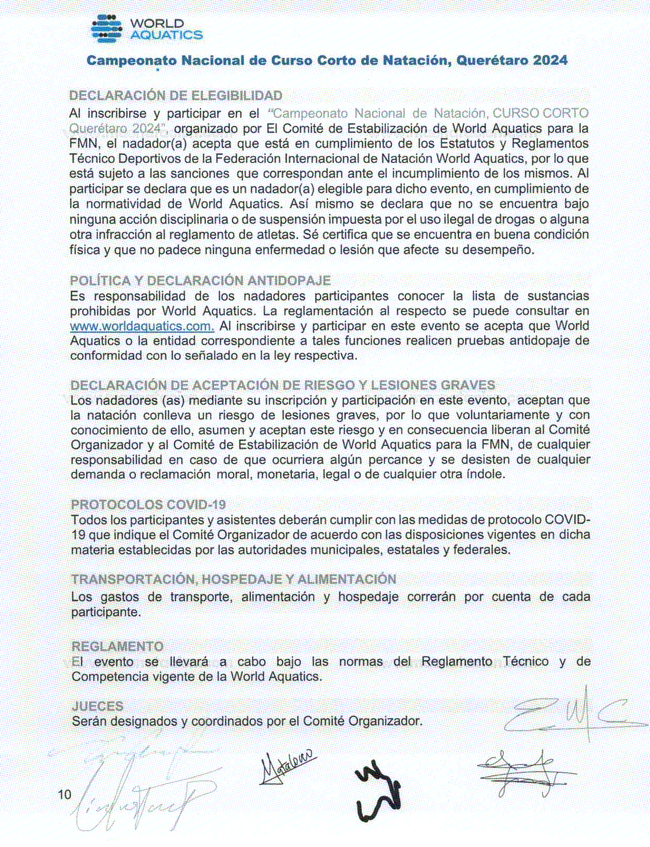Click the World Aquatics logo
coord(146,29)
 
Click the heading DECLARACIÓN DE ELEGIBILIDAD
coord(176,96)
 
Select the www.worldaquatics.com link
coord(142,326)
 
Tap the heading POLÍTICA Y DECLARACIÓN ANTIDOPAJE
coord(200,280)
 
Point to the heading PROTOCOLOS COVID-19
coord(148,504)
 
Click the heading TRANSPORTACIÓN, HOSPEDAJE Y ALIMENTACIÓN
coord(233,579)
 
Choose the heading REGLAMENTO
coord(118,646)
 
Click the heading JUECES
coord(98,706)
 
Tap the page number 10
coord(64,794)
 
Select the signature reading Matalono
coord(288,766)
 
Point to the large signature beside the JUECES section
coord(572,715)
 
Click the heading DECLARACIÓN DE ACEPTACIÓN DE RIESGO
coord(283,385)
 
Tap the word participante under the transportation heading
coord(106,612)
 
